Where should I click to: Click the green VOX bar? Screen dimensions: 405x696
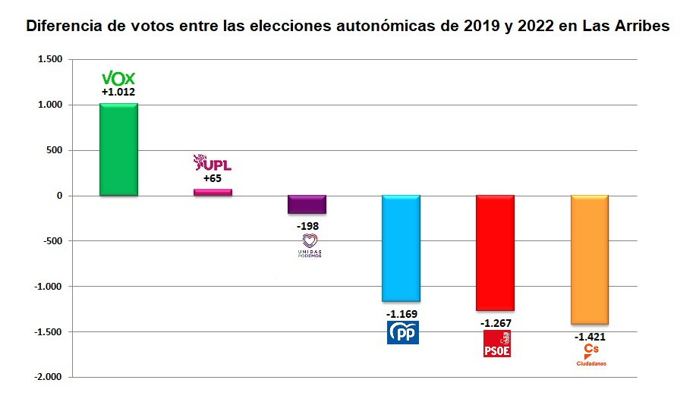click(x=118, y=149)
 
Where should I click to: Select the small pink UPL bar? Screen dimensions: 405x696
click(x=213, y=193)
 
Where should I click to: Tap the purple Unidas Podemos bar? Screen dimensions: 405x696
click(x=307, y=204)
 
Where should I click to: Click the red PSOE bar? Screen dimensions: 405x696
click(x=495, y=253)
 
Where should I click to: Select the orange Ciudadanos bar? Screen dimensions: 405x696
click(x=589, y=259)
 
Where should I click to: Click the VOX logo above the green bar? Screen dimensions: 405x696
click(x=118, y=78)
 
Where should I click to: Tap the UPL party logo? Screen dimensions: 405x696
click(x=213, y=163)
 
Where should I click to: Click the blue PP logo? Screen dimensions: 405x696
click(x=402, y=332)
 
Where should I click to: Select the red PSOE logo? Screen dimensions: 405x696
click(x=497, y=343)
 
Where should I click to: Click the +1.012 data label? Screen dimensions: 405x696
click(x=118, y=93)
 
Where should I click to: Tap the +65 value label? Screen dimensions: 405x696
click(x=213, y=179)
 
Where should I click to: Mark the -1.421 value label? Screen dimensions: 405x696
click(x=590, y=337)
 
